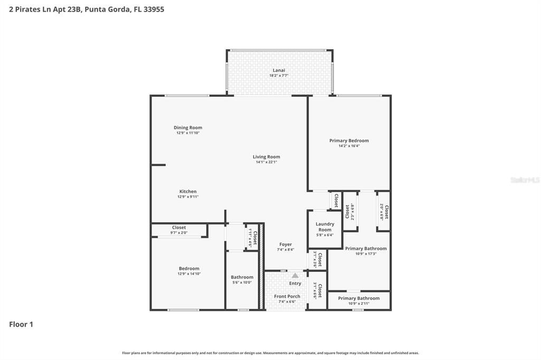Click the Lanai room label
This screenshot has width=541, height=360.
click(279, 70)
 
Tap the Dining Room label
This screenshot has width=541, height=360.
click(188, 128)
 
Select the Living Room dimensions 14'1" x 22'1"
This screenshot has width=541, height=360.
click(266, 162)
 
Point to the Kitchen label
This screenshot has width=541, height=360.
click(188, 192)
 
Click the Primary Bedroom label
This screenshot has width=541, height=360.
click(349, 140)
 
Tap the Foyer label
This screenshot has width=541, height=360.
click(285, 244)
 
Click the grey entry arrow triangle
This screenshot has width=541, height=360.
click(295, 275)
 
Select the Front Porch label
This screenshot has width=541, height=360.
click(287, 296)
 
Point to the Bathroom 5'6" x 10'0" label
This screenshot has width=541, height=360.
click(242, 277)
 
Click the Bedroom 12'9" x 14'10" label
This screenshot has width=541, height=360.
click(189, 269)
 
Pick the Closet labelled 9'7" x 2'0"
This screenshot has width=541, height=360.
click(179, 228)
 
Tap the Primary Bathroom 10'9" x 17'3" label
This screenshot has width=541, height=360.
click(366, 249)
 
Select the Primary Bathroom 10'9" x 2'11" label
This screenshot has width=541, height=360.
click(359, 298)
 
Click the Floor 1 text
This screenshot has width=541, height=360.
click(21, 324)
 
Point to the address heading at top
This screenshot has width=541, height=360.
click(87, 9)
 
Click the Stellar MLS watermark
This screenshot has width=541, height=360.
click(525, 180)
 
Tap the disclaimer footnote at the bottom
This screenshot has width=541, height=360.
click(270, 353)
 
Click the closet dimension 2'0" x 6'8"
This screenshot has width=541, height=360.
click(381, 212)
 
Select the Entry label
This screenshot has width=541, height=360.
click(295, 283)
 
